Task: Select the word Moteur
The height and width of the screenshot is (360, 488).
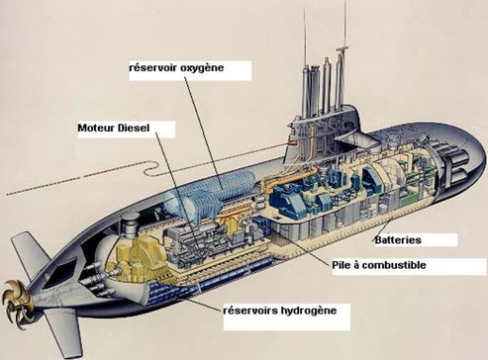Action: coord(100,129)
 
